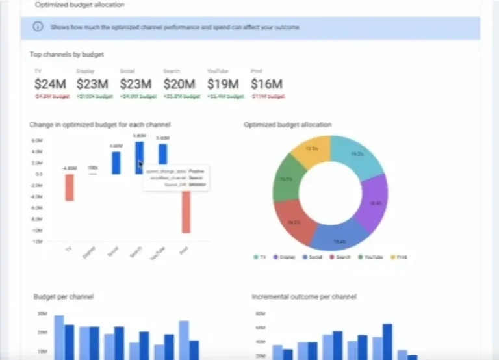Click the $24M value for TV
click(50, 84)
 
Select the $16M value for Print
click(266, 84)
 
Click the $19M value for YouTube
click(223, 84)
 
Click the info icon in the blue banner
click(38, 27)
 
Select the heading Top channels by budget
click(66, 55)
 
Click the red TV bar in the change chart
click(69, 188)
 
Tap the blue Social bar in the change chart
click(116, 162)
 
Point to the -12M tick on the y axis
click(37, 242)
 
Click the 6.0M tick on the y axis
click(37, 140)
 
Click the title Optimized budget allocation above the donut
click(287, 125)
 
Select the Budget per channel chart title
click(63, 296)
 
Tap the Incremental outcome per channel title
click(303, 296)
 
